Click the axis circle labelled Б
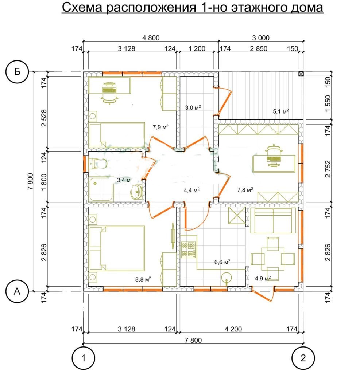(17, 72)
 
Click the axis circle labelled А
(17, 291)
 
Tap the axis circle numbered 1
(84, 358)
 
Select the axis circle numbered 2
(303, 358)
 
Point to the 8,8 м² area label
(143, 279)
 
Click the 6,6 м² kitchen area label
(222, 262)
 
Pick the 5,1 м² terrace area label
(280, 111)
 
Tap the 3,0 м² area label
(193, 107)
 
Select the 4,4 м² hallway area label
(191, 190)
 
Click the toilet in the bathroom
(98, 164)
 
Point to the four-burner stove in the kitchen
(189, 250)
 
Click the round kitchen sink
(227, 278)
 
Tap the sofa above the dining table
(273, 220)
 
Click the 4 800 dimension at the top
(151, 38)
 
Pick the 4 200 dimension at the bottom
(233, 329)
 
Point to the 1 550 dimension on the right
(328, 103)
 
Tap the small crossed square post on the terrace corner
(301, 74)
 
